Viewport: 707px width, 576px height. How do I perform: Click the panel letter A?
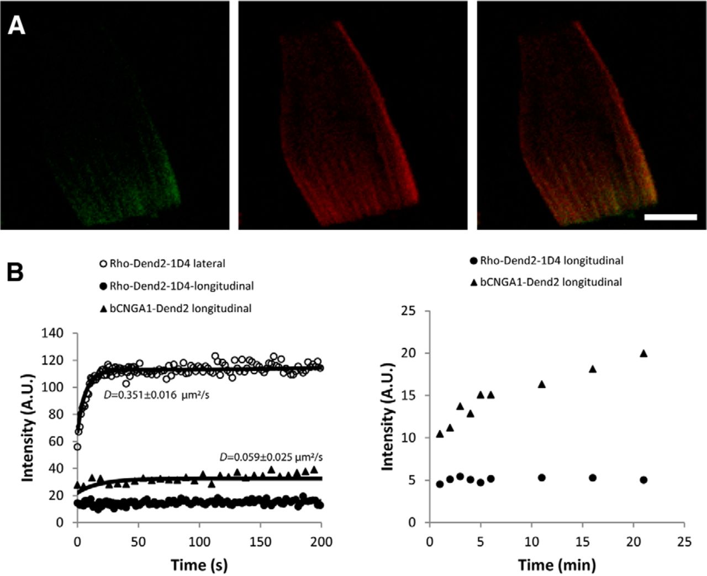pyautogui.click(x=17, y=25)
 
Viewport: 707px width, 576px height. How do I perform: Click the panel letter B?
pyautogui.click(x=14, y=272)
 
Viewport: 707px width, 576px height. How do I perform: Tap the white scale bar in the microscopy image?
pyautogui.click(x=671, y=217)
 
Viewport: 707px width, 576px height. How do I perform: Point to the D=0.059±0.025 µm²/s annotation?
pyautogui.click(x=271, y=457)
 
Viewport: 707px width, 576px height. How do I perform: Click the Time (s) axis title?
pyautogui.click(x=199, y=564)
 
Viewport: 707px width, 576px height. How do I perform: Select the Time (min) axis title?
pyautogui.click(x=557, y=564)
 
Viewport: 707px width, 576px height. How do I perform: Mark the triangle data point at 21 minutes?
pyautogui.click(x=643, y=353)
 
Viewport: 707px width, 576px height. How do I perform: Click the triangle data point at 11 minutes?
pyautogui.click(x=542, y=384)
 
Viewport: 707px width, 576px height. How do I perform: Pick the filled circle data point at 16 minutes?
pyautogui.click(x=593, y=478)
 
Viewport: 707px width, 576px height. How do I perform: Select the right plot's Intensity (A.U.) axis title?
pyautogui.click(x=388, y=417)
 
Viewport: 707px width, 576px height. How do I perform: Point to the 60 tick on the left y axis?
pyautogui.click(x=57, y=441)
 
